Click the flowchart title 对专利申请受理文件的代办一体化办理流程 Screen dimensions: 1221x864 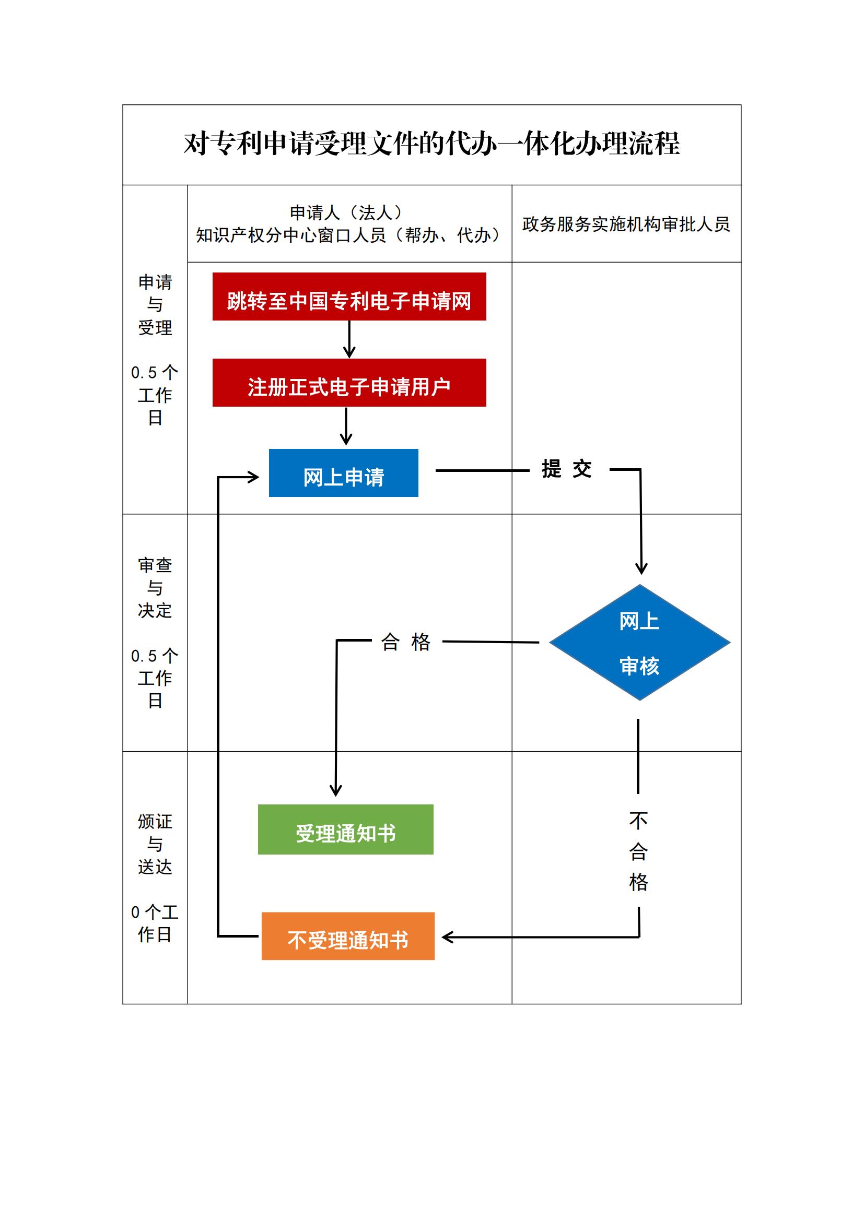[431, 144]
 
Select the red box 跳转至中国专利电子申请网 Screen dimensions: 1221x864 [349, 297]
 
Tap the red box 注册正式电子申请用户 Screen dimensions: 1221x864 [349, 383]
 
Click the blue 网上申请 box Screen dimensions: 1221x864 [343, 473]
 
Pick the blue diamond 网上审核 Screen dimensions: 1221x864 [639, 643]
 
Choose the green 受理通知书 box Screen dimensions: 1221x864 [345, 829]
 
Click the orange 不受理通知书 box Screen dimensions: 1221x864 [348, 937]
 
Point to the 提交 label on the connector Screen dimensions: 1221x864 [567, 469]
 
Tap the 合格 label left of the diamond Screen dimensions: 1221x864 [405, 642]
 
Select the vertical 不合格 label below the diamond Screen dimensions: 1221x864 [638, 851]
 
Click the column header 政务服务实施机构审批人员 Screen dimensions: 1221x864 [626, 224]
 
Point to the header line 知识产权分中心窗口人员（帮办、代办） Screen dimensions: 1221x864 [348, 235]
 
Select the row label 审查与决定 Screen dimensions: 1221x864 [155, 588]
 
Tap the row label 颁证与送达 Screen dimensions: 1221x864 [155, 845]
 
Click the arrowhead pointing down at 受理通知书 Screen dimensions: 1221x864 [336, 790]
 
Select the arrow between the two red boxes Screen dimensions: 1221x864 [349, 339]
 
